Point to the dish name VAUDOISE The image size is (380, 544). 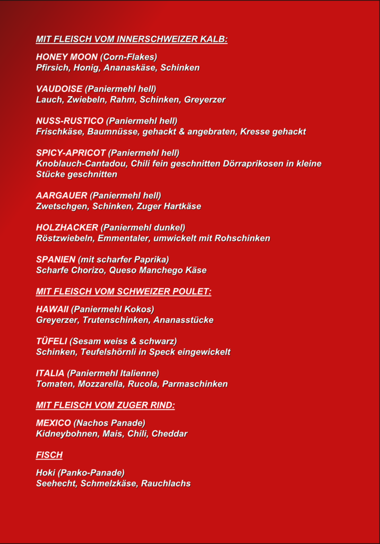click(x=59, y=89)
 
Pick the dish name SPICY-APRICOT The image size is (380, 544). click(x=71, y=153)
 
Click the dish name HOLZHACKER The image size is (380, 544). click(x=67, y=227)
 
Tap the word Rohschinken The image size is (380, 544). click(x=242, y=238)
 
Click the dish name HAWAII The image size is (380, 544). click(x=53, y=309)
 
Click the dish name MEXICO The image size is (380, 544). click(x=53, y=423)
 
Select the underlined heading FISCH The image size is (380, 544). click(x=49, y=455)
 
